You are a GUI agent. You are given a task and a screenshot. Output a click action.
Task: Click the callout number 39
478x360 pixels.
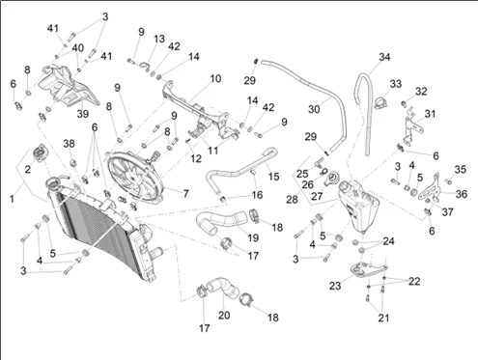tap(83, 114)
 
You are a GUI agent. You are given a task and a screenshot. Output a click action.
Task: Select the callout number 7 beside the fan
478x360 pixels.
tap(185, 193)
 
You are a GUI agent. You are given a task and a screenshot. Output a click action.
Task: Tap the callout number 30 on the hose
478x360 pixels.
tap(314, 109)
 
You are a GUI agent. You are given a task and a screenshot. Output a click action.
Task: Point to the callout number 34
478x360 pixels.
tap(384, 57)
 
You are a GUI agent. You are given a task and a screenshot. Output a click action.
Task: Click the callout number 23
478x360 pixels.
tap(335, 286)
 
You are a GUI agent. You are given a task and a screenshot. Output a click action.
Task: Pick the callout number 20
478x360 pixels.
tap(224, 316)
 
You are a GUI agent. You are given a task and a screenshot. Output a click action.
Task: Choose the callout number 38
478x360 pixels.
tap(69, 144)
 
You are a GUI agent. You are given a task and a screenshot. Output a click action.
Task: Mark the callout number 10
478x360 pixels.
tap(215, 78)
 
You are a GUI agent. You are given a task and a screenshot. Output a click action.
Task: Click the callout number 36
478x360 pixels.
tap(462, 194)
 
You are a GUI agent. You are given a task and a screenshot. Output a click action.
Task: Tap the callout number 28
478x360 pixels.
tap(292, 200)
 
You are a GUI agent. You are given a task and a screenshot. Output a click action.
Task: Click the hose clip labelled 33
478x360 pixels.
tap(380, 102)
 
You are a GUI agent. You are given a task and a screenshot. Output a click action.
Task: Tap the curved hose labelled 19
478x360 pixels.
tap(222, 221)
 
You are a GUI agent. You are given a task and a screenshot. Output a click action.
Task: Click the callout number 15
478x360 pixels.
tap(273, 177)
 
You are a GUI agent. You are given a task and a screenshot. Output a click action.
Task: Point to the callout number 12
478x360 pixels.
tap(196, 158)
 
